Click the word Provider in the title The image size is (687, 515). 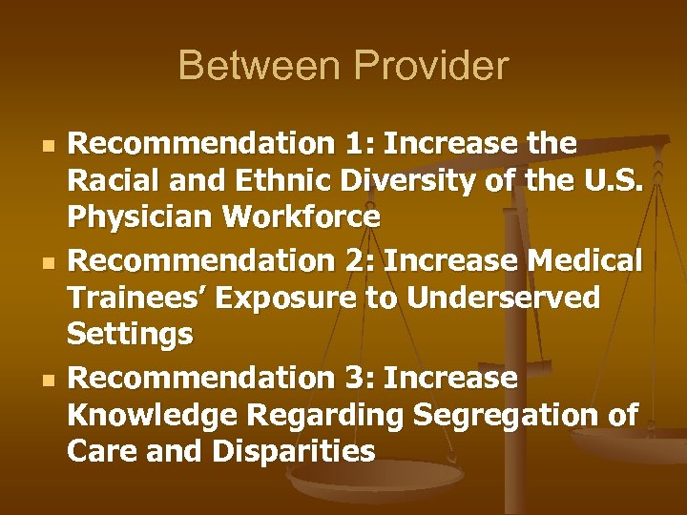click(431, 67)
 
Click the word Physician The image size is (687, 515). click(141, 217)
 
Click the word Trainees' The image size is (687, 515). click(138, 298)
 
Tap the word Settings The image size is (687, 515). click(130, 336)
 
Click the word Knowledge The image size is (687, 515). click(154, 416)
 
